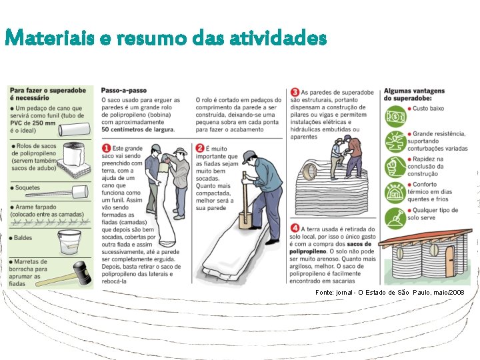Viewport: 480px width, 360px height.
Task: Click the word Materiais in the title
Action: tap(49, 38)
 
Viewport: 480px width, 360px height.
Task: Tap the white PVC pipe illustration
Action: tap(75, 129)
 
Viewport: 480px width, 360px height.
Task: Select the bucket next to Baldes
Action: tap(69, 242)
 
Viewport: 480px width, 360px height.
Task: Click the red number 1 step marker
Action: tap(106, 149)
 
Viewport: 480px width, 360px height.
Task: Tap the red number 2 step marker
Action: tap(199, 149)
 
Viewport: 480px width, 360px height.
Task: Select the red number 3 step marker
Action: tap(295, 92)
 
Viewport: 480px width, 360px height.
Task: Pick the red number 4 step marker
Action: tap(295, 229)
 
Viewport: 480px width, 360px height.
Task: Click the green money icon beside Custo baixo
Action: tap(395, 116)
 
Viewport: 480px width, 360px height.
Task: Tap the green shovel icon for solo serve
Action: tap(395, 219)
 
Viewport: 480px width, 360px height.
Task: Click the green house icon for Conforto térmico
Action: tap(395, 193)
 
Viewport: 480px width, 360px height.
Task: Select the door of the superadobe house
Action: tap(450, 261)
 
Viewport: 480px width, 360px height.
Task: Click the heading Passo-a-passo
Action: tap(124, 90)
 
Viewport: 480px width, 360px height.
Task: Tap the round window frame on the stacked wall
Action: tap(309, 171)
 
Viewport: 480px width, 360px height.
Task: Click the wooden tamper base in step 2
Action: tap(245, 221)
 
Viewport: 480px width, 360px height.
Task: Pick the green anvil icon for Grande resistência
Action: tap(395, 142)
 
